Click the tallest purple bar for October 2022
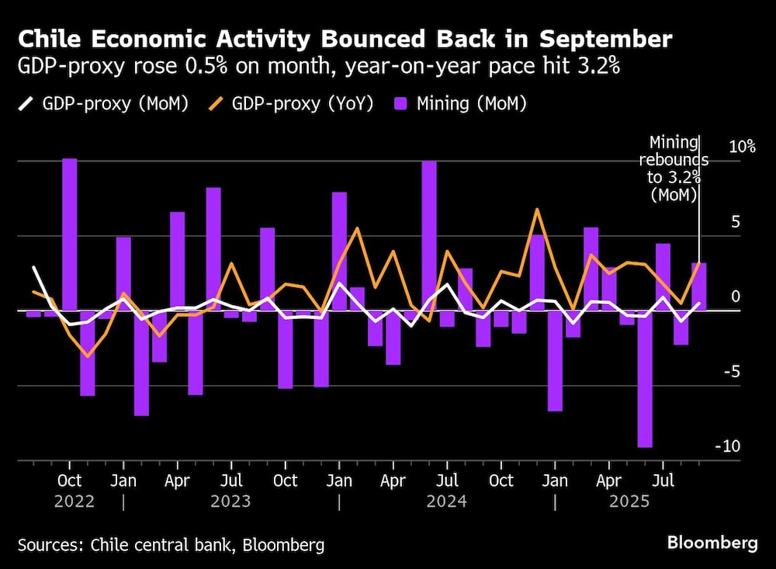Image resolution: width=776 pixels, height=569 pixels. click(x=70, y=234)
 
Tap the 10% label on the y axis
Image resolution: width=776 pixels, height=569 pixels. click(x=741, y=147)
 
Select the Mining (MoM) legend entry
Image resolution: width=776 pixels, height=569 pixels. click(x=473, y=104)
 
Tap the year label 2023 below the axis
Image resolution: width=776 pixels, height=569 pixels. click(x=230, y=501)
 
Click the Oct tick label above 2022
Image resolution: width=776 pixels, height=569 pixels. click(x=70, y=481)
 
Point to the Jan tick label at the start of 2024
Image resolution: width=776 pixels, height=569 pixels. click(x=339, y=481)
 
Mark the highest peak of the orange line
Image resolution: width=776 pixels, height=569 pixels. click(x=536, y=209)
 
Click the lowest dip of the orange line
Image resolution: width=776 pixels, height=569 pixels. click(x=88, y=356)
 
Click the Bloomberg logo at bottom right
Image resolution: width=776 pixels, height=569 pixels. click(x=712, y=543)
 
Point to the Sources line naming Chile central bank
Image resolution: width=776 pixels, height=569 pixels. click(x=171, y=545)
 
